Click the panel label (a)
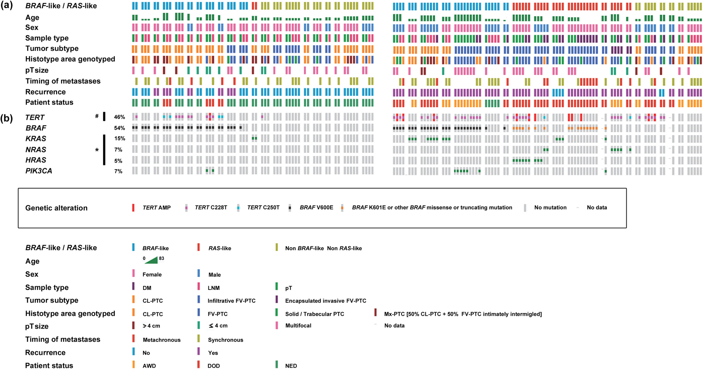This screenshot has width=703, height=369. tap(7, 6)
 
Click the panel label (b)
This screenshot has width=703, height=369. tap(7, 118)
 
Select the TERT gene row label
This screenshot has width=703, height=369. tap(35, 117)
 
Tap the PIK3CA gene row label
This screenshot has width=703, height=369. tap(39, 171)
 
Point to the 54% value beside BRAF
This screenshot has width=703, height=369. tap(119, 128)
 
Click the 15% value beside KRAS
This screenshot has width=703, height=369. tap(119, 138)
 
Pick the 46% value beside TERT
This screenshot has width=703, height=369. tap(119, 117)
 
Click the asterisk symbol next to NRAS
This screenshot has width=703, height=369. tap(97, 150)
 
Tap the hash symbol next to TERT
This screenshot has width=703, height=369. tap(97, 116)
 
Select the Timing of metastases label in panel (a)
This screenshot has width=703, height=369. tap(63, 81)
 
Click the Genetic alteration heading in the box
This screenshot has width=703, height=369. tap(56, 208)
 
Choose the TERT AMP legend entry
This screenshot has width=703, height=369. tap(156, 208)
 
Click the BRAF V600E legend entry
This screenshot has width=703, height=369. tap(316, 208)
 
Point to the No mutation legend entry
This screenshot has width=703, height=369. tap(550, 207)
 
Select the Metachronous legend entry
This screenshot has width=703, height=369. tap(161, 340)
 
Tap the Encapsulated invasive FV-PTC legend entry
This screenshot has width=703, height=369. tap(325, 301)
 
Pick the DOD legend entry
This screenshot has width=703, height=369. tap(214, 366)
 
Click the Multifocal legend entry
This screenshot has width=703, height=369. tap(298, 326)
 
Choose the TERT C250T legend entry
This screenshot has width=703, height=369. tap(263, 208)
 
